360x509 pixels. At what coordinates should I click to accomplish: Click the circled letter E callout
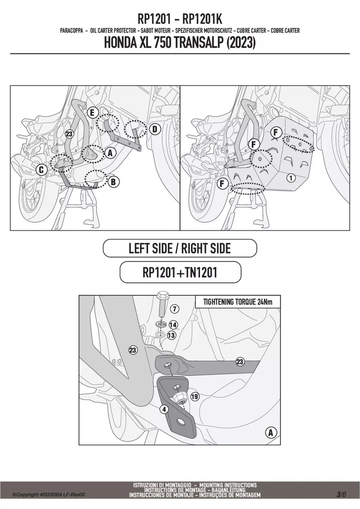(92, 113)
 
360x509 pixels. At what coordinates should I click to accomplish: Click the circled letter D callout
(155, 129)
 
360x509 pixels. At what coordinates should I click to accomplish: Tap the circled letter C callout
(41, 170)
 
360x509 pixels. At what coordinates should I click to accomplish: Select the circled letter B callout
(114, 182)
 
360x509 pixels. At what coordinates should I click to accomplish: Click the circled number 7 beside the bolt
(174, 309)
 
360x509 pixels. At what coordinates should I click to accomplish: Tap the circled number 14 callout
(173, 325)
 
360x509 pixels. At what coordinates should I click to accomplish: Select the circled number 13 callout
(172, 335)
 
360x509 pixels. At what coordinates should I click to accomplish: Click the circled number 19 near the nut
(194, 397)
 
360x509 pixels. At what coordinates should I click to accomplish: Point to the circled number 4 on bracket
(164, 410)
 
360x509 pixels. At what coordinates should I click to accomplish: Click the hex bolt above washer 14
(162, 304)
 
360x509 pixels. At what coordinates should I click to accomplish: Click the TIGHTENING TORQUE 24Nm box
(238, 302)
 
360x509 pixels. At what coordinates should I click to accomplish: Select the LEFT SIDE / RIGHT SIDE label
(180, 248)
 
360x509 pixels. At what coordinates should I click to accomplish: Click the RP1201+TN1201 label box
(180, 272)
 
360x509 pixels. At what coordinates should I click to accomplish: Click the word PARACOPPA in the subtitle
(71, 31)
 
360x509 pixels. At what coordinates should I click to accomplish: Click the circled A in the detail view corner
(271, 433)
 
